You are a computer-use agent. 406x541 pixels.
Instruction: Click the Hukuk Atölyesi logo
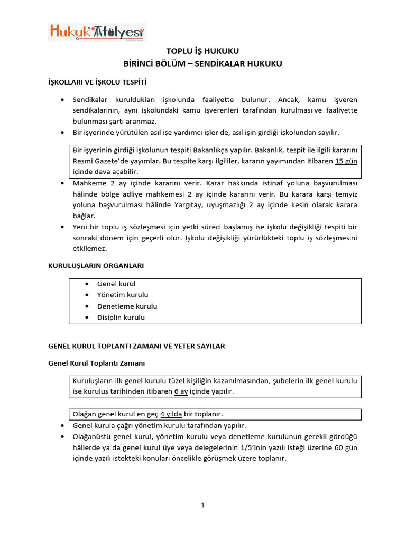click(x=97, y=32)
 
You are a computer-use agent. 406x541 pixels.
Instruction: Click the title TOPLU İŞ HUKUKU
click(x=203, y=51)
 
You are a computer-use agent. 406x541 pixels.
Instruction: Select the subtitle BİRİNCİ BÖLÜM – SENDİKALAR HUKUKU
click(x=203, y=63)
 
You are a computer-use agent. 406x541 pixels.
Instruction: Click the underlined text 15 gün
click(x=346, y=161)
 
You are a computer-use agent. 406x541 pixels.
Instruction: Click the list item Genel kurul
click(x=116, y=284)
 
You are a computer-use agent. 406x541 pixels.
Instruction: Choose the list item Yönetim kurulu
click(x=123, y=295)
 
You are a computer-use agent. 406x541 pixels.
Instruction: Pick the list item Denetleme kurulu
click(x=127, y=306)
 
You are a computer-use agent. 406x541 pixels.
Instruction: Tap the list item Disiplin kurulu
click(x=121, y=318)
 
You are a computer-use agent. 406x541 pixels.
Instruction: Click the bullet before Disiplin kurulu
click(x=86, y=318)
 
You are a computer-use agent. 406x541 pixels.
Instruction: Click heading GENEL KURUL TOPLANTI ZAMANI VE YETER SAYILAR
click(x=136, y=346)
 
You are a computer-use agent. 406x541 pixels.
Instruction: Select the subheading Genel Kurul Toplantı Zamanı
click(x=96, y=363)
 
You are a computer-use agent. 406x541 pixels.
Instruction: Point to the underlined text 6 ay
click(x=181, y=391)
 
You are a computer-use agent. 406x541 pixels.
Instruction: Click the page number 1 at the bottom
click(x=202, y=505)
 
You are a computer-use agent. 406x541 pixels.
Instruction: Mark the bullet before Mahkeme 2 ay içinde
click(x=63, y=183)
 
